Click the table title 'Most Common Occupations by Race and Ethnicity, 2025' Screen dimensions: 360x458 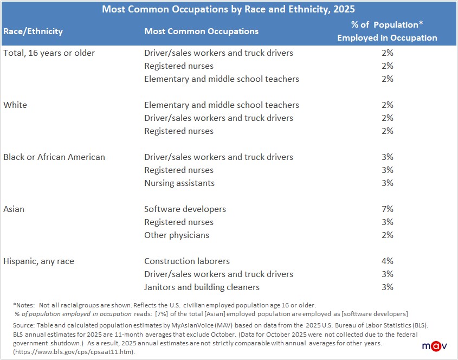coord(228,9)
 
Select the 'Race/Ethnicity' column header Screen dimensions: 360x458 coord(33,31)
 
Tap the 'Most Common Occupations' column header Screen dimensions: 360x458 coord(201,31)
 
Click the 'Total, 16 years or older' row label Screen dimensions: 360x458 coord(49,53)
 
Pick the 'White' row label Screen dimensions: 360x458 coord(15,105)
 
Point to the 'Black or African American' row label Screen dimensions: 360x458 coord(54,157)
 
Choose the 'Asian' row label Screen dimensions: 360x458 coord(14,209)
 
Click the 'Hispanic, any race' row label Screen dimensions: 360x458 coord(38,261)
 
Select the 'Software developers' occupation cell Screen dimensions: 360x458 coord(185,209)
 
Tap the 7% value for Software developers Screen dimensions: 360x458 coord(387,209)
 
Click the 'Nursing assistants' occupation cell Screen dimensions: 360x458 coord(179,183)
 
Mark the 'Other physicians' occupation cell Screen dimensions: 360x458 coord(177,235)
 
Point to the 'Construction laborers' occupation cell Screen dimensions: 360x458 coord(187,261)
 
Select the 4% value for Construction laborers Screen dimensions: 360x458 coord(387,261)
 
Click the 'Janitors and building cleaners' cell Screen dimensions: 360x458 coord(202,287)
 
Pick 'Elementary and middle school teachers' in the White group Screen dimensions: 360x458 coord(222,105)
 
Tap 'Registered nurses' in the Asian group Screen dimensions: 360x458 coord(179,222)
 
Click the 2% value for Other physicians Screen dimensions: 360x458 coord(387,235)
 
